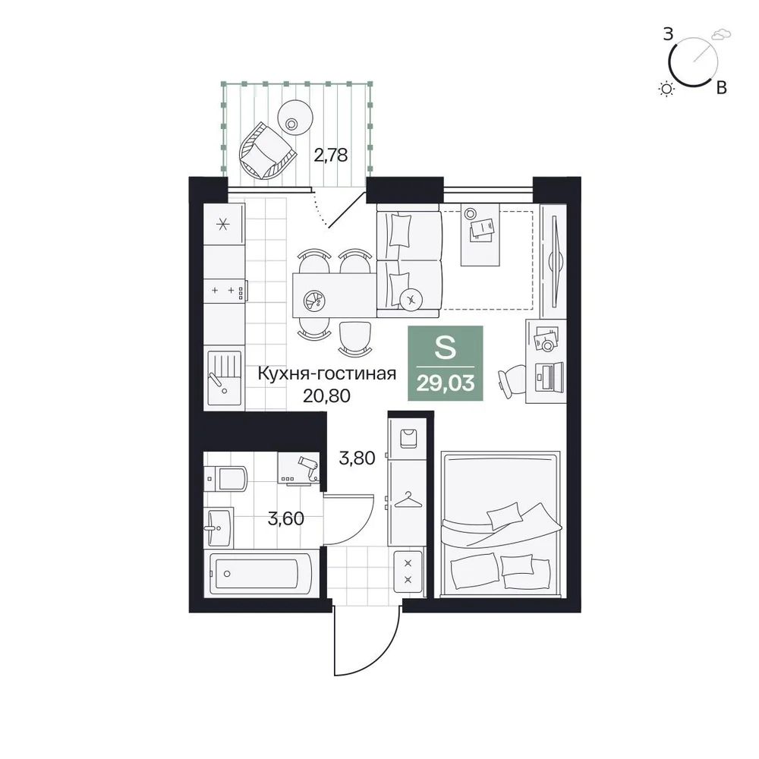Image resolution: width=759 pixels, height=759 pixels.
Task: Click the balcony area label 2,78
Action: [331, 156]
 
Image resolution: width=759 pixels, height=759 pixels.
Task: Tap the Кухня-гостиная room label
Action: [326, 373]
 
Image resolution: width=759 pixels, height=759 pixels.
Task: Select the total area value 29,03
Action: [446, 384]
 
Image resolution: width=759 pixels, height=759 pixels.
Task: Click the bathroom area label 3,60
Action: [285, 519]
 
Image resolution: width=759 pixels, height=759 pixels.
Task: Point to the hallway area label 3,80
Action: [357, 458]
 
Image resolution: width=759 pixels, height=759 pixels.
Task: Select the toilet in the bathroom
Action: [225, 479]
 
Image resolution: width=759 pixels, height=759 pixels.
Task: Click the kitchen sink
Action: [224, 378]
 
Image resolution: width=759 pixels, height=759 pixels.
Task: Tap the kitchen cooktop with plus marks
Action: [225, 291]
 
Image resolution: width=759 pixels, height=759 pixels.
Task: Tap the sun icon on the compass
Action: [667, 89]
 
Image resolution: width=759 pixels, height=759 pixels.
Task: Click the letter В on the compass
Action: [721, 87]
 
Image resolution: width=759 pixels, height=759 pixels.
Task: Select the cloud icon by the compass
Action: [721, 33]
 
